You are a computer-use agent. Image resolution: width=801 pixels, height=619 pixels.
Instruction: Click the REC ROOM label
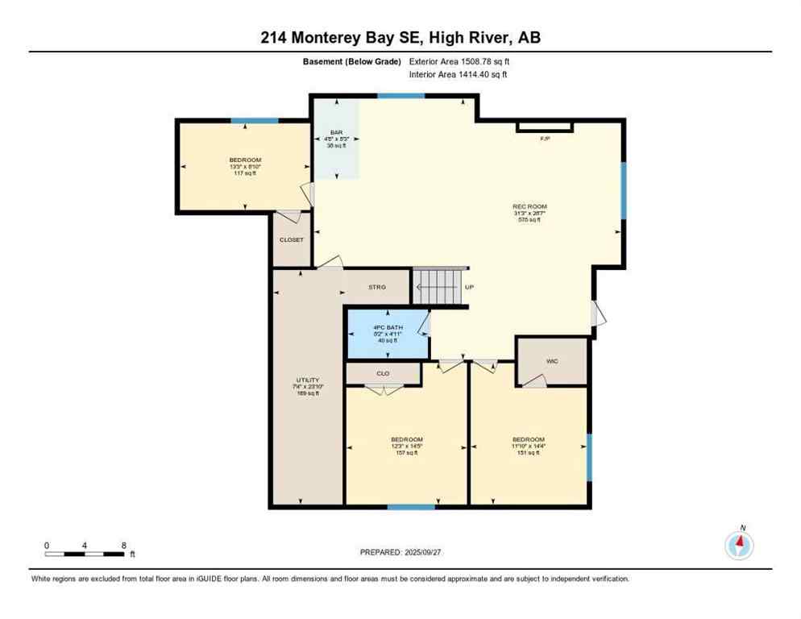tap(529, 207)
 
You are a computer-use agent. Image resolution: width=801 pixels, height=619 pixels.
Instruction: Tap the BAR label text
tap(336, 132)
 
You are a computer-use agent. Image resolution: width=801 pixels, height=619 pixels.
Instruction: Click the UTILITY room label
tap(307, 380)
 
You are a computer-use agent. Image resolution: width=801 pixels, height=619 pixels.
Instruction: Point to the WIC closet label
tap(552, 361)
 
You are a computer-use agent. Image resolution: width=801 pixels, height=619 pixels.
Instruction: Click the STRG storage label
tap(377, 287)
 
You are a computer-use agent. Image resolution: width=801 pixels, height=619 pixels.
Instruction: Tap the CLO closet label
tap(383, 374)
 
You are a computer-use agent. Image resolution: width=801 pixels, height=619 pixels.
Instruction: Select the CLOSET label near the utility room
tap(291, 240)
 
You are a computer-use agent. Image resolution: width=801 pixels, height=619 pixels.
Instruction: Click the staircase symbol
tap(440, 286)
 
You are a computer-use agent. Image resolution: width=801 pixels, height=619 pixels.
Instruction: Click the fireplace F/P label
tap(545, 139)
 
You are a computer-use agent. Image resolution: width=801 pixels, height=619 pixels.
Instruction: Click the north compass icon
tap(739, 546)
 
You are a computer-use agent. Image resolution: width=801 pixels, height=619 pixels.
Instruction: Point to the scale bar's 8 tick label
tap(123, 545)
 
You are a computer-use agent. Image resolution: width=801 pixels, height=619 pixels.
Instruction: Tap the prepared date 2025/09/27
tap(400, 552)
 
